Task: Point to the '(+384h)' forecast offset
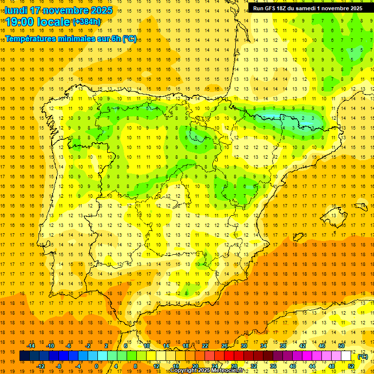pos(87,22)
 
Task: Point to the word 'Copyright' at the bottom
pos(184,371)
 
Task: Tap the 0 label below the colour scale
pos(96,366)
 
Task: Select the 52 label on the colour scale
pos(351,366)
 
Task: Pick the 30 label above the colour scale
pos(244,346)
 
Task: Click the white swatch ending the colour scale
pos(346,356)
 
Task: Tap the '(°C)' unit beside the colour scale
pos(363,356)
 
